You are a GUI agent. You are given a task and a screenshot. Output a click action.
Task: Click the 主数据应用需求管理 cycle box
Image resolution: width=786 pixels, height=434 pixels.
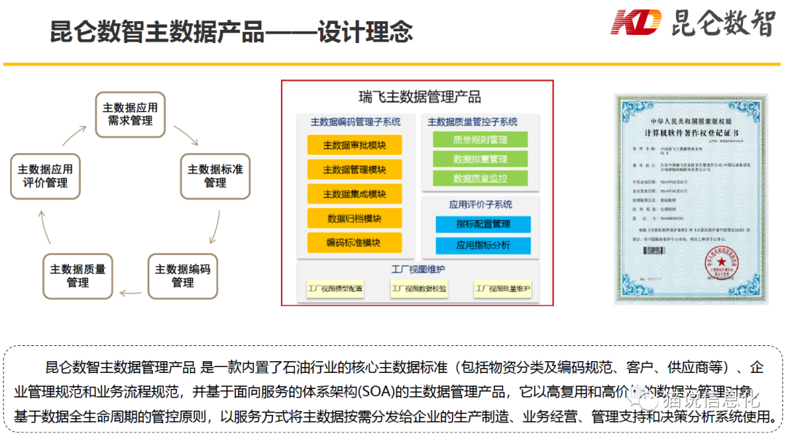[130, 114]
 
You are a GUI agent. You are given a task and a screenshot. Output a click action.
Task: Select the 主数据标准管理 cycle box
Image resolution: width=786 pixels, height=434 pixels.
[215, 176]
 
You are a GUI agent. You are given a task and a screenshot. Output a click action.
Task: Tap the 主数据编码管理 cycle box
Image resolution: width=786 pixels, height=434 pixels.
[183, 276]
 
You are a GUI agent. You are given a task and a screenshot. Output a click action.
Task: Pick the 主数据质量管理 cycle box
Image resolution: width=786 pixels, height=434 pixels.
[78, 276]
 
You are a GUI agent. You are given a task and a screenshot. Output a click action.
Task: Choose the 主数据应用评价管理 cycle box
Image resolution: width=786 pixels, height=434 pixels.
[45, 176]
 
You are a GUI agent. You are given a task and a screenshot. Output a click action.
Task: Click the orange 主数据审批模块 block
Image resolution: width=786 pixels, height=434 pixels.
[354, 145]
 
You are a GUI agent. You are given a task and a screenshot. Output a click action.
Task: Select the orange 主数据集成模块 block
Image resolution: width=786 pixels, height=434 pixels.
[354, 194]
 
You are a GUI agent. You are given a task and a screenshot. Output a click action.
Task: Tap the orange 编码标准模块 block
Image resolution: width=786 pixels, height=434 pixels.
[354, 242]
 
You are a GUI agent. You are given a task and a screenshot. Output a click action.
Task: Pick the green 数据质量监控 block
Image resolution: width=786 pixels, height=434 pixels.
[480, 178]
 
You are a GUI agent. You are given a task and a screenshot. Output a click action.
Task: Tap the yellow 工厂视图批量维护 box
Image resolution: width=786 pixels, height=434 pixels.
[503, 289]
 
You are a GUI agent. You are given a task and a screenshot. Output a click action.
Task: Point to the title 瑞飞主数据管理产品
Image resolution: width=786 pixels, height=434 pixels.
[420, 97]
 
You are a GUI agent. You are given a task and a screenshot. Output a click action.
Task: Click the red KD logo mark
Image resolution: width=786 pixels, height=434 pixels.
[636, 22]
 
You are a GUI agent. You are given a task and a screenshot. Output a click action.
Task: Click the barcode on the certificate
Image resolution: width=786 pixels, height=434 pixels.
[655, 250]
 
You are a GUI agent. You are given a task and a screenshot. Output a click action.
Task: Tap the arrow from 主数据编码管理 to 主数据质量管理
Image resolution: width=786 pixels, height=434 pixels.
[131, 293]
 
